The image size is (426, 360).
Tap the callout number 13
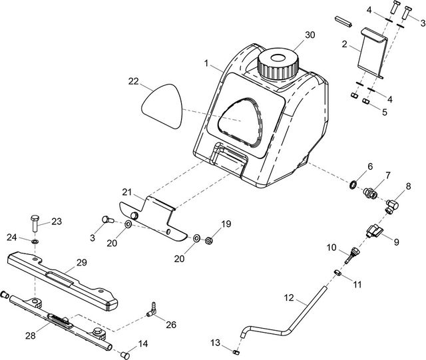(x=214, y=343)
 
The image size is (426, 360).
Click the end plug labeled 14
(x=124, y=353)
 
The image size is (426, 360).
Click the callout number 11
(x=357, y=285)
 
